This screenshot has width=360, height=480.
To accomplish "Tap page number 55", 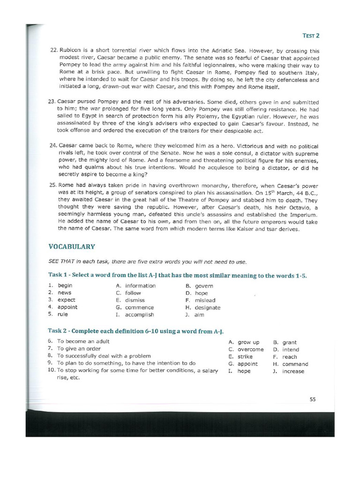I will pyautogui.click(x=313, y=399).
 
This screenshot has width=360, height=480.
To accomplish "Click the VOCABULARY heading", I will pyautogui.click(x=72, y=247).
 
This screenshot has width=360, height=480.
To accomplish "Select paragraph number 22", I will pyautogui.click(x=53, y=51).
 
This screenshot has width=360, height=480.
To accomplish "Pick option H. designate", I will pyautogui.click(x=202, y=308).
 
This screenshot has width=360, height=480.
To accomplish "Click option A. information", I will pyautogui.click(x=135, y=286).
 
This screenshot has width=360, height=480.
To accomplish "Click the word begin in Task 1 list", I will pyautogui.click(x=65, y=285).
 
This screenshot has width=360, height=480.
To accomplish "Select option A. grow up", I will pyautogui.click(x=244, y=342).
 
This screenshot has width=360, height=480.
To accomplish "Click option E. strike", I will pyautogui.click(x=240, y=357).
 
